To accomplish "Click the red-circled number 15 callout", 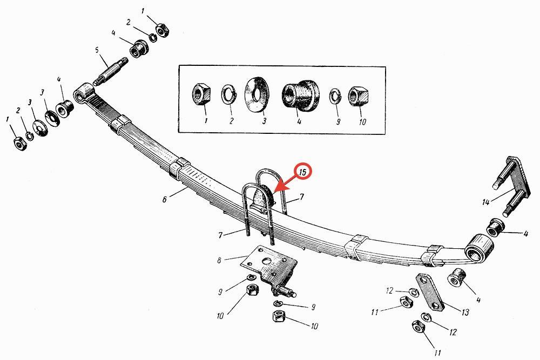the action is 303,172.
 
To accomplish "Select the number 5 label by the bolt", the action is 97,50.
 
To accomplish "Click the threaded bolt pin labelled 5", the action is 110,70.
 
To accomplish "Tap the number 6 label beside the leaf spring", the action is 164,199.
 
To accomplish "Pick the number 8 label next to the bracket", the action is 219,260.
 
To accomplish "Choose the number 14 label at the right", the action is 485,202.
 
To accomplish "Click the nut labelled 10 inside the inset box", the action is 359,97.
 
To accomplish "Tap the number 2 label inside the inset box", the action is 231,121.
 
